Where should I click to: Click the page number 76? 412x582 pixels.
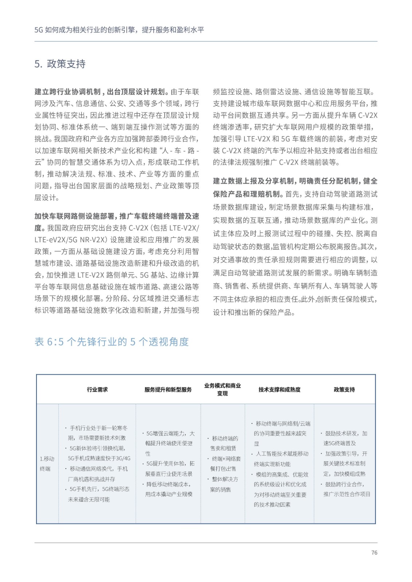click(374, 553)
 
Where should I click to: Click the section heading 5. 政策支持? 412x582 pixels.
click(60, 64)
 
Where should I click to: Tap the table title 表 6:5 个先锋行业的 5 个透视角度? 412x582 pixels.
click(111, 342)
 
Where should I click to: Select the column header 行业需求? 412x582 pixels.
click(97, 390)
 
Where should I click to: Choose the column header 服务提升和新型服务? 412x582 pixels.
click(168, 390)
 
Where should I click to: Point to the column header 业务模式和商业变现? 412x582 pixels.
click(222, 390)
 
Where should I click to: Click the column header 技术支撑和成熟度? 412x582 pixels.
click(279, 390)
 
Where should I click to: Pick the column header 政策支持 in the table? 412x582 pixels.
click(344, 390)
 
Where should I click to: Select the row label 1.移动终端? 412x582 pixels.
click(47, 464)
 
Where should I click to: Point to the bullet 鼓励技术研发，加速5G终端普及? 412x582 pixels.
click(344, 438)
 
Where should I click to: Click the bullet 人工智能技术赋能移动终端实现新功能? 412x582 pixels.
click(280, 459)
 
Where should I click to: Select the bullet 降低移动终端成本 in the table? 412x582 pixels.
click(169, 489)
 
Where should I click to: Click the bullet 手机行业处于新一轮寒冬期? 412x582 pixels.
click(97, 433)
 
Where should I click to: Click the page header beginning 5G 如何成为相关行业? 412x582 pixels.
click(119, 30)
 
